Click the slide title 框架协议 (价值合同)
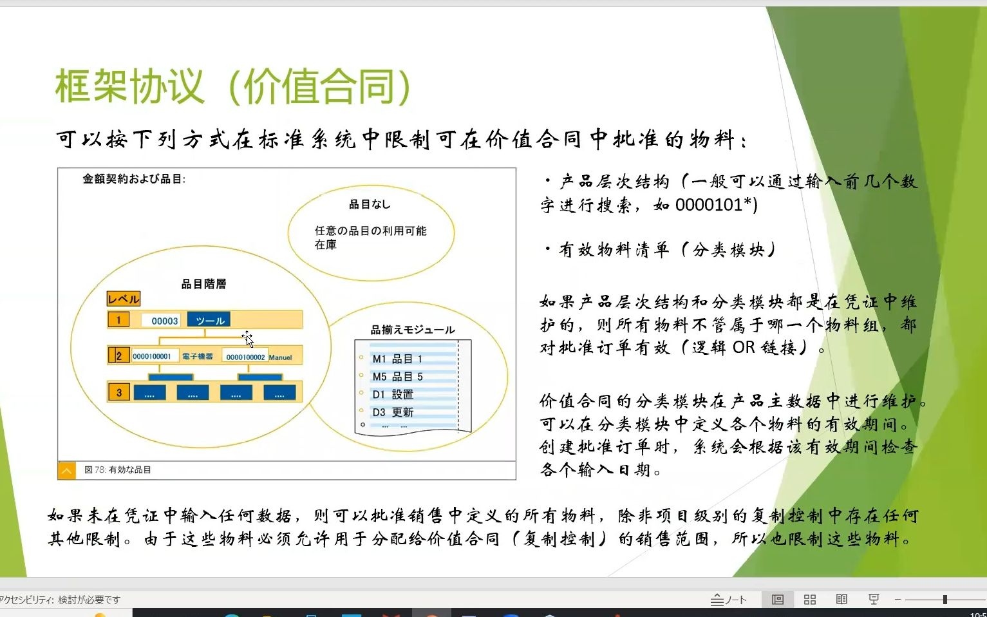233,86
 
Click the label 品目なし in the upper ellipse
370,204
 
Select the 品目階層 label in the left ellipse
203,284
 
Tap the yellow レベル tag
123,299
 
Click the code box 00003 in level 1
164,321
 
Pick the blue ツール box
209,321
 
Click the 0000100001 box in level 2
152,356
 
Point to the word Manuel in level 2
281,357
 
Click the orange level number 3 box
119,392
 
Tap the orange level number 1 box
118,320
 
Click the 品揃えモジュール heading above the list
413,330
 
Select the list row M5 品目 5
397,377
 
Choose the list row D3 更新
393,412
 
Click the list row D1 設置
393,394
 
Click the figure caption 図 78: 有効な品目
118,470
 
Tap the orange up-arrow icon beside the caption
66,471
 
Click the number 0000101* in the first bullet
714,205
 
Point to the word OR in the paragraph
744,348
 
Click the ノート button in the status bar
729,600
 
